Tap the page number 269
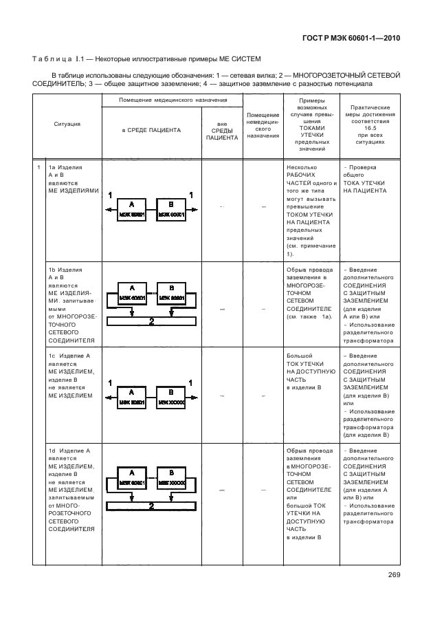tap(394, 575)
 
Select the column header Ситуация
tap(67, 124)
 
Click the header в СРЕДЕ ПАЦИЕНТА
tap(152, 129)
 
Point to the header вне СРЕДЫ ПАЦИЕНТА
tap(222, 129)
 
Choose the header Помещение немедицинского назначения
tap(263, 125)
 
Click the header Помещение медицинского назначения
tap(173, 100)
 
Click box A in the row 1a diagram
tap(132, 208)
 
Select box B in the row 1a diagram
tap(171, 208)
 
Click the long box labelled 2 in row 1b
tap(151, 321)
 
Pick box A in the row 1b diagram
tap(132, 292)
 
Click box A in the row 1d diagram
tap(132, 478)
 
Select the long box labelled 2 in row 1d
tap(151, 506)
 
